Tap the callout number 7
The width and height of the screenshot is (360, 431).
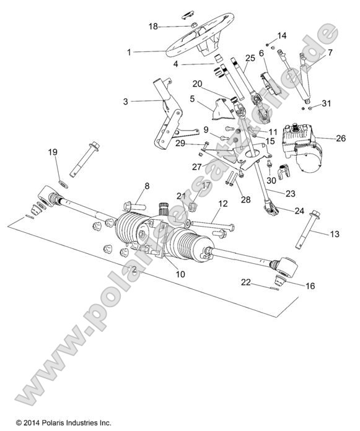[330, 53]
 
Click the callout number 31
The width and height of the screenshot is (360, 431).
[327, 103]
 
